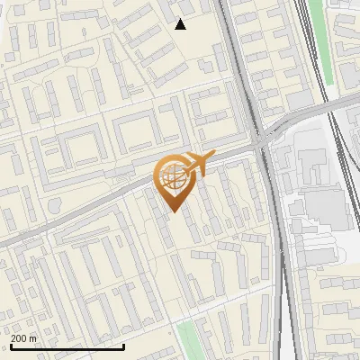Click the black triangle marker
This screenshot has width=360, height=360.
point(181,24)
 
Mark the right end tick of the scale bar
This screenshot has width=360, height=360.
point(123,346)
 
